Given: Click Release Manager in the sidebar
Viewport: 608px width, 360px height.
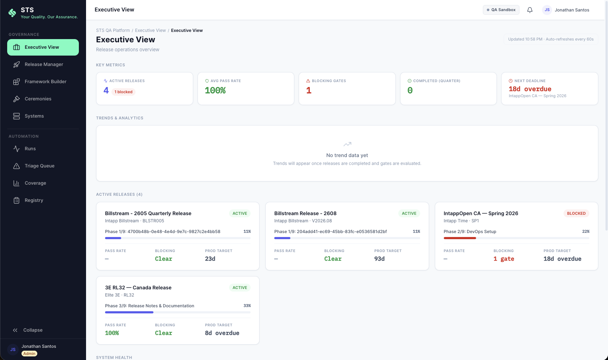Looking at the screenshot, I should pyautogui.click(x=43, y=65).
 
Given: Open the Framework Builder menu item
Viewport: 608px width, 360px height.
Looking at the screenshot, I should pyautogui.click(x=45, y=82).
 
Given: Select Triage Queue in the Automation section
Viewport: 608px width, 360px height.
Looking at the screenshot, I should pyautogui.click(x=39, y=166).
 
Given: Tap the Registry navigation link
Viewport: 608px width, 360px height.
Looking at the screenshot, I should pyautogui.click(x=34, y=200).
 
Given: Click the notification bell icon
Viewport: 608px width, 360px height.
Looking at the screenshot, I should pyautogui.click(x=529, y=10).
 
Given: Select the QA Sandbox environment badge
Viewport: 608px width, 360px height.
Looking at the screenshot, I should pyautogui.click(x=501, y=10).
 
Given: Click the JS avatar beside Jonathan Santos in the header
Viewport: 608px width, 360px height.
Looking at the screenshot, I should pyautogui.click(x=547, y=10).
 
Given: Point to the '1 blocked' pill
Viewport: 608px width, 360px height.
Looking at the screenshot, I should pyautogui.click(x=123, y=92).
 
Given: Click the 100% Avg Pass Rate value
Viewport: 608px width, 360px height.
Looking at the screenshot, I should pyautogui.click(x=215, y=90).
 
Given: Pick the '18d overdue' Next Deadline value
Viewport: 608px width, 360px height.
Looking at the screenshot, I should pyautogui.click(x=530, y=89).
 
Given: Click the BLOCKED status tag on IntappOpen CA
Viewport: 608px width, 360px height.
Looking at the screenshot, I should pyautogui.click(x=576, y=213).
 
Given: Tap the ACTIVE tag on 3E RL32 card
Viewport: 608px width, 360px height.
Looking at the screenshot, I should pyautogui.click(x=239, y=288).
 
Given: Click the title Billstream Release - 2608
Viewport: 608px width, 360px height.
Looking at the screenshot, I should pyautogui.click(x=305, y=213).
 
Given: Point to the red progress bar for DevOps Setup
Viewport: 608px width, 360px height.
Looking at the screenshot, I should pyautogui.click(x=460, y=238).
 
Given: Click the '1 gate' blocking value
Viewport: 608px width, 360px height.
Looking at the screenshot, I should pyautogui.click(x=504, y=259).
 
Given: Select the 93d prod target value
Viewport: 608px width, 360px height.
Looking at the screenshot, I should pyautogui.click(x=379, y=259).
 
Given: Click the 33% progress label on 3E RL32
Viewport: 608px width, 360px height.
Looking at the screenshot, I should pyautogui.click(x=247, y=306).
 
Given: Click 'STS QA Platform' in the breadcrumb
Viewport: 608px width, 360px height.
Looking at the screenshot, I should pyautogui.click(x=113, y=30).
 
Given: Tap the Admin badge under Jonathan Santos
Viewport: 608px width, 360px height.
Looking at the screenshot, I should pyautogui.click(x=29, y=354).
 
